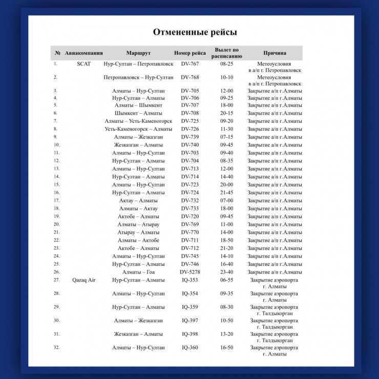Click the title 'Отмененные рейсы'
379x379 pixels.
pyautogui.click(x=195, y=32)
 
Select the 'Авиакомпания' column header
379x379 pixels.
pyautogui.click(x=84, y=53)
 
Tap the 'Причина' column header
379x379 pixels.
pyautogui.click(x=275, y=53)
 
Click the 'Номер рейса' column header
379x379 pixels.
pyautogui.click(x=190, y=53)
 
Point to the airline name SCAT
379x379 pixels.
pyautogui.click(x=83, y=64)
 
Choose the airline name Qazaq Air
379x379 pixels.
pyautogui.click(x=84, y=280)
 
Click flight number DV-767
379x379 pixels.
pyautogui.click(x=190, y=64)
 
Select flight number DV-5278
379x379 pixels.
pyautogui.click(x=190, y=272)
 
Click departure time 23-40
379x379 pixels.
pyautogui.click(x=227, y=272)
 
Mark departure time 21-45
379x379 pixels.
pyautogui.click(x=227, y=193)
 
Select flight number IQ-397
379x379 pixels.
pyautogui.click(x=190, y=321)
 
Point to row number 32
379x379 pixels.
pyautogui.click(x=56, y=347)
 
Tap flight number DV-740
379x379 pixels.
pyautogui.click(x=190, y=145)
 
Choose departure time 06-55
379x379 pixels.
pyautogui.click(x=227, y=280)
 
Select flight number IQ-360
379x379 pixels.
pyautogui.click(x=190, y=348)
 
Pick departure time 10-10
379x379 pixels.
pyautogui.click(x=227, y=77)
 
